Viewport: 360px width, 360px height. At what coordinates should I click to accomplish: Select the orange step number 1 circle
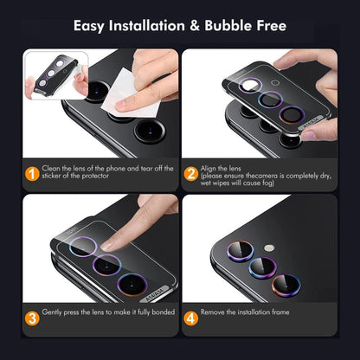tap(29, 174)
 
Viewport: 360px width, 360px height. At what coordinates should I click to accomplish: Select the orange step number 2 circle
tap(191, 174)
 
